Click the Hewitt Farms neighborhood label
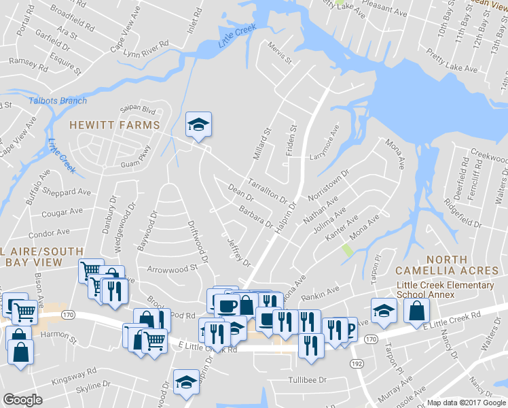[x=115, y=124]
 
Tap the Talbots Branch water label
[x=58, y=101]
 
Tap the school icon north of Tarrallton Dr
[x=199, y=124]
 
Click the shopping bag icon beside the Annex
[x=416, y=310]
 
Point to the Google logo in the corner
[x=22, y=400]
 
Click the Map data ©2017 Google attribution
[x=467, y=403]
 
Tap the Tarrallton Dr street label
[x=269, y=190]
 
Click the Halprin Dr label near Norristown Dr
[x=287, y=216]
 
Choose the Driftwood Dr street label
[x=197, y=237]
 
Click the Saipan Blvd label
[x=138, y=110]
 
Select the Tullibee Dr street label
[x=308, y=380]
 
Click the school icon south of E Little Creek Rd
[x=186, y=382]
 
